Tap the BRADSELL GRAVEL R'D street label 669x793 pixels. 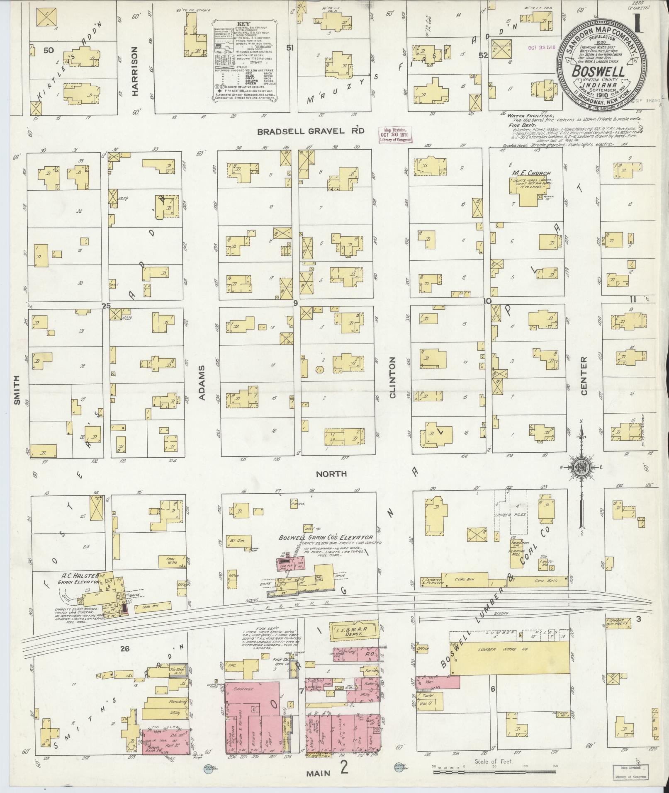coord(310,131)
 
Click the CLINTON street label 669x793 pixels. coord(392,377)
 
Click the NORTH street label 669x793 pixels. coord(331,473)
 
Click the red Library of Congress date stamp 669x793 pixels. coord(396,135)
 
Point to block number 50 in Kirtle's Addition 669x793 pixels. coord(49,51)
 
